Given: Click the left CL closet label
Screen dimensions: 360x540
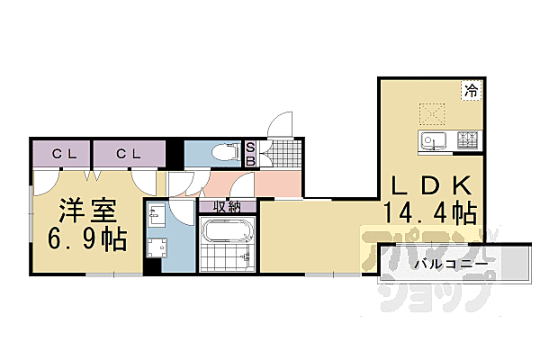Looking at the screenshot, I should click(62, 154).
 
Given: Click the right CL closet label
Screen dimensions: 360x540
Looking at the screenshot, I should click(126, 154).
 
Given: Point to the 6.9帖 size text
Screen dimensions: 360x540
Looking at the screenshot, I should click(87, 239).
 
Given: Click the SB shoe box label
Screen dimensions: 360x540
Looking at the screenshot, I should click(251, 154).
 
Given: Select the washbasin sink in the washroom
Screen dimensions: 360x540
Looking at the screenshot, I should click(156, 216).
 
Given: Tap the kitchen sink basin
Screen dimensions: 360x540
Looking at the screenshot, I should click(430, 140).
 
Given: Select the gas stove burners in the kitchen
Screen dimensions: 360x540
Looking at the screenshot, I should click(467, 140).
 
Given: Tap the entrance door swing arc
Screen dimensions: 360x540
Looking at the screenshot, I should click(282, 126).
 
